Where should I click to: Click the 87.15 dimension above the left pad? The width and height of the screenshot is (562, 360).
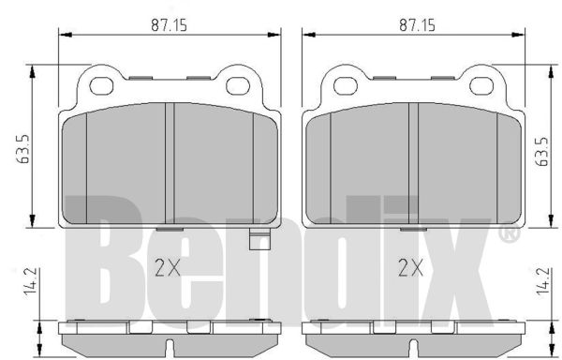point(169,25)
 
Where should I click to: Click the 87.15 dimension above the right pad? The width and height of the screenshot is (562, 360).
point(417,25)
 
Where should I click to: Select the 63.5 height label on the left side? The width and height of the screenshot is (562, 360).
point(22,149)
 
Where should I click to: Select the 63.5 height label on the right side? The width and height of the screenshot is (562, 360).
point(543,152)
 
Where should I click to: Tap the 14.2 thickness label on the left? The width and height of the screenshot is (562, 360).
point(31,282)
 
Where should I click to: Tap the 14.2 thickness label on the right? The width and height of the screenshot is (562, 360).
point(543,282)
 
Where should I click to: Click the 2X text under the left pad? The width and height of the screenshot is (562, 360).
point(168,268)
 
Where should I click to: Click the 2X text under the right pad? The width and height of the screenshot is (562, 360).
point(411,268)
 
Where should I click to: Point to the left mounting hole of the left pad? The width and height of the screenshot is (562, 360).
point(101,86)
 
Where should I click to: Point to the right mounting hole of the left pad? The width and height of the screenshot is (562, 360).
point(238,86)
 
